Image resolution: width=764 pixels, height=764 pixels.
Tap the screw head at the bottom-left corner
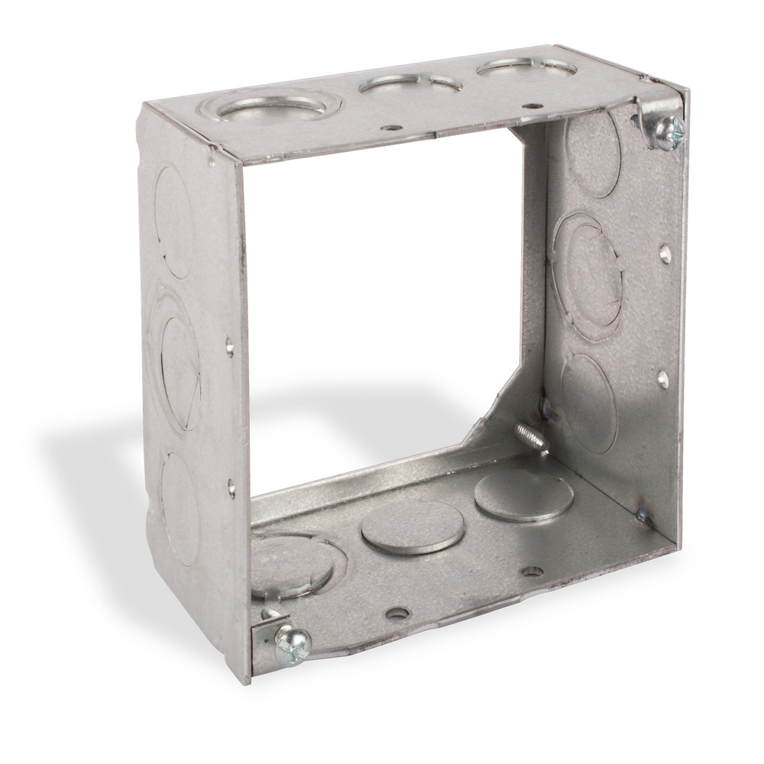click(293, 644)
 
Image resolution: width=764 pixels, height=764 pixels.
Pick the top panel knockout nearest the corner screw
click(526, 67)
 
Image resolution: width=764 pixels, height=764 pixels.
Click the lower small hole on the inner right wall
click(662, 379)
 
